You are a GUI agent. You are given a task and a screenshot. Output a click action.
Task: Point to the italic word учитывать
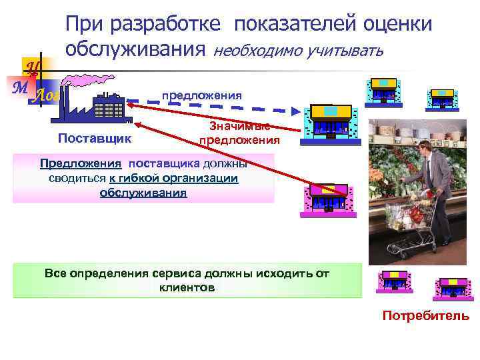coord(344,50)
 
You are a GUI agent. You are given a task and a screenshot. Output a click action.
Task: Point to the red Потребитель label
coord(425,316)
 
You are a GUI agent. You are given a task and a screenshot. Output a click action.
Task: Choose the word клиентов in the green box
coord(187,289)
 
